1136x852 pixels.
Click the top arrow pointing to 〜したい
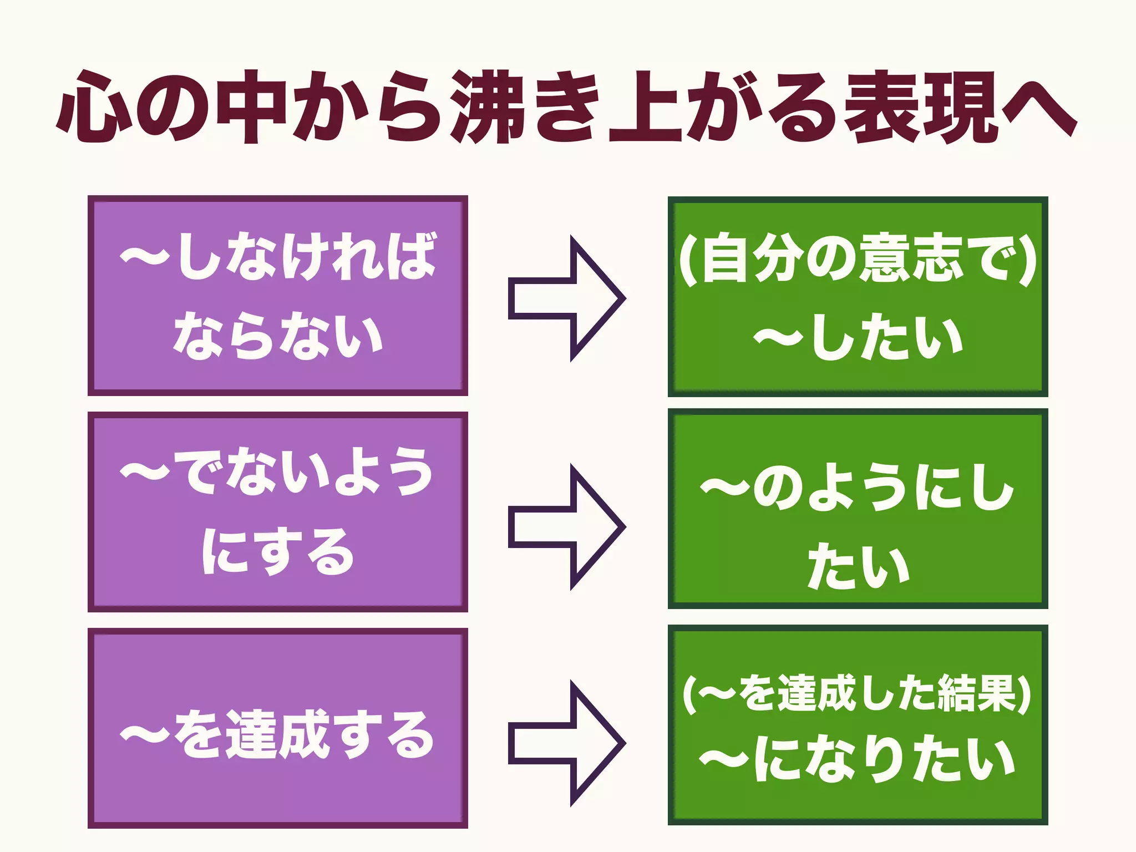(566, 299)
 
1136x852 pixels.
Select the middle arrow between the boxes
(566, 527)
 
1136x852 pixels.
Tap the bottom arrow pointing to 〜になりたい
(566, 743)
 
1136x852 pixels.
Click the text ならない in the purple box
(277, 336)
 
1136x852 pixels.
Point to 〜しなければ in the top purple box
(277, 256)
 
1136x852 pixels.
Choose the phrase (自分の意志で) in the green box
(858, 258)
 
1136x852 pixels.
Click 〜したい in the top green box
(858, 337)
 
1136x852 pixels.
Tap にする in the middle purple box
(277, 551)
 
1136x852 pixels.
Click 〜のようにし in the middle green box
(858, 488)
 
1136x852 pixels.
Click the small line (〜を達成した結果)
(858, 693)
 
